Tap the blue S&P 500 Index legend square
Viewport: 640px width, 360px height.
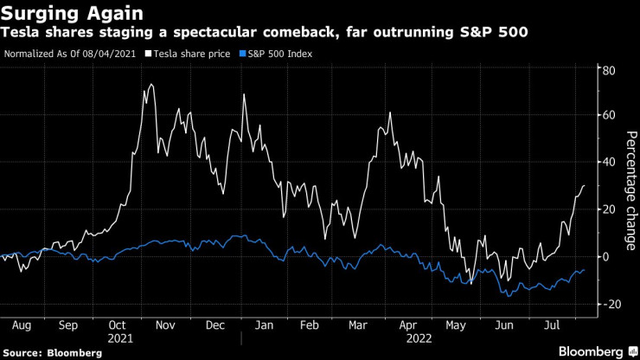point(242,54)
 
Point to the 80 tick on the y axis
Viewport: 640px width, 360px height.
point(608,69)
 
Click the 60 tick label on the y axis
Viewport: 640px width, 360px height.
point(608,115)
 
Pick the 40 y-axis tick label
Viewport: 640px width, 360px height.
point(608,162)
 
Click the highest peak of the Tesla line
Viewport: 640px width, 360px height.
point(152,84)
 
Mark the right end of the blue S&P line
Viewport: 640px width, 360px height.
point(583,270)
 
